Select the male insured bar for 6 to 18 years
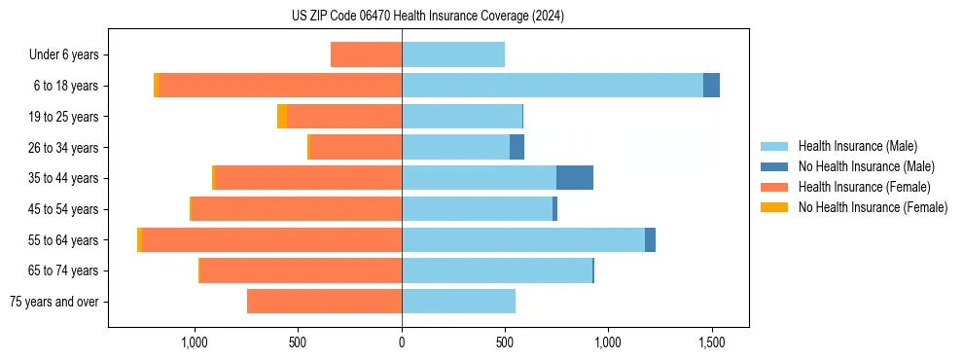tap(552, 86)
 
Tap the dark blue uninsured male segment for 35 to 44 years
tap(575, 178)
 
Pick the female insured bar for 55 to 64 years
tap(271, 239)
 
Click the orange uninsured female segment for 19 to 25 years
tap(282, 117)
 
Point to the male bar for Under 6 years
tap(453, 54)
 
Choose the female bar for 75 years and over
tap(324, 302)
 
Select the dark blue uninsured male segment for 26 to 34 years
tap(517, 147)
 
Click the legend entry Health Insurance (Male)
tap(857, 146)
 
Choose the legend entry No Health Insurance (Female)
tap(873, 207)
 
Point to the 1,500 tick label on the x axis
tap(711, 342)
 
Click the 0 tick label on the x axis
tap(402, 342)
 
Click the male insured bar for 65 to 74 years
tap(496, 270)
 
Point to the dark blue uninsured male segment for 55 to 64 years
tap(650, 239)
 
